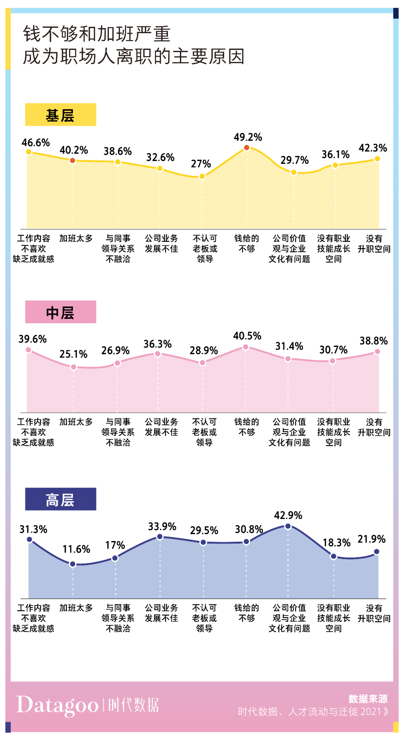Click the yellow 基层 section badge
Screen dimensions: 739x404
coord(61,114)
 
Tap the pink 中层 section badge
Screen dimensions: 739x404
coord(61,312)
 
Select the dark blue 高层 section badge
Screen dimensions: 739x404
coord(61,499)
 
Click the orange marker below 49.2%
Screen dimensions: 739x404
coord(247,148)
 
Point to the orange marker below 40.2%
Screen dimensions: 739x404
coord(73,161)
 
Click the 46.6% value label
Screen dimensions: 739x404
coord(36,143)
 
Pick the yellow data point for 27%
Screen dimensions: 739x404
coord(202,176)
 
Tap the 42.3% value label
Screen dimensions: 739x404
coord(373,148)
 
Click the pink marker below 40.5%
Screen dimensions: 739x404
coord(246,347)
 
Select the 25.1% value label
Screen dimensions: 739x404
coord(73,354)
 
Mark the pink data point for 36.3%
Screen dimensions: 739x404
coord(157,354)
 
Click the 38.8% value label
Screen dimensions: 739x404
coord(373,341)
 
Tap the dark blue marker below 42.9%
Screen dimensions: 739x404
coord(288,526)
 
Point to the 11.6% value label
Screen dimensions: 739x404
coord(76,549)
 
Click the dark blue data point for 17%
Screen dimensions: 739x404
coord(115,558)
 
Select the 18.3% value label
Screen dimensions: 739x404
coord(336,543)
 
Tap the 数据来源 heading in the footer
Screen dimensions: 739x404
coord(368,699)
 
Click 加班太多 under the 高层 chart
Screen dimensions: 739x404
coord(76,608)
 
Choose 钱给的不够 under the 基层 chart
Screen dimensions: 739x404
coord(247,244)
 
